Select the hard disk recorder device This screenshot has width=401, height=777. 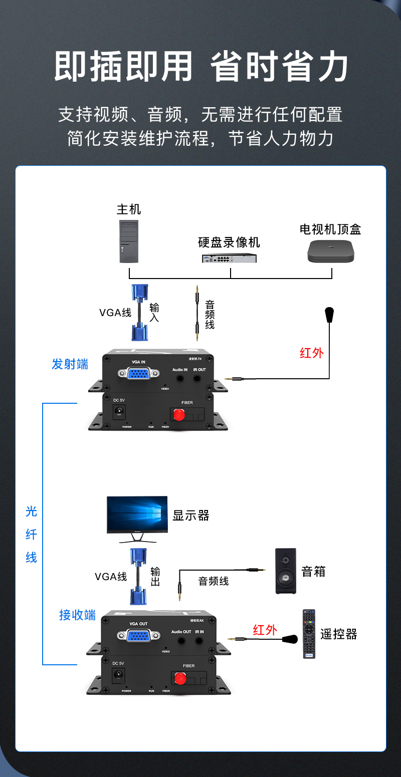coord(229,258)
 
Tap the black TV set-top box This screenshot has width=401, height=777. coord(331,251)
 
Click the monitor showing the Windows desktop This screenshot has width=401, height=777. coord(137,515)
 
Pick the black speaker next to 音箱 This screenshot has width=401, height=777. coord(285,571)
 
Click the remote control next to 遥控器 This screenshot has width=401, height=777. coord(309,634)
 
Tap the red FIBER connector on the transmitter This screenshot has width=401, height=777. coord(178,414)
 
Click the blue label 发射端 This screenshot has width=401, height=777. coord(70,364)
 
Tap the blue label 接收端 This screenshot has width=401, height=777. coord(77,615)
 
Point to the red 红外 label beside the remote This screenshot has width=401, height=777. coord(265,630)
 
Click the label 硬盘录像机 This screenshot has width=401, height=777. coord(229,243)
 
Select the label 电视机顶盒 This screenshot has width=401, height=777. coord(330,229)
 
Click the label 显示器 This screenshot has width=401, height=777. coord(190,515)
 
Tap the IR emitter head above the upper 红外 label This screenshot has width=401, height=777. coord(329,315)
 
